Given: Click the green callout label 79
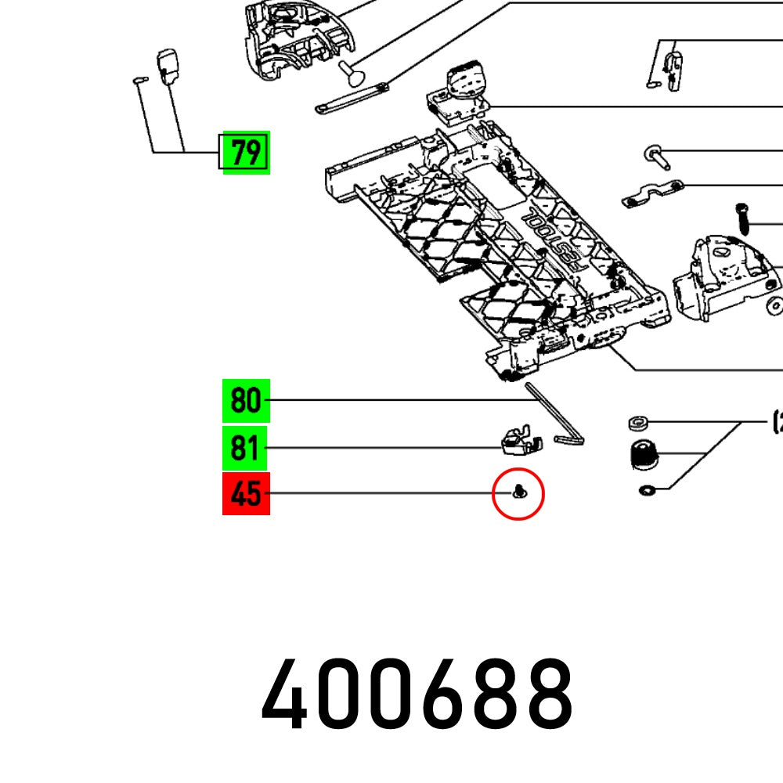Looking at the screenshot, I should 246,152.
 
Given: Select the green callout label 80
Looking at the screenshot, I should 246,401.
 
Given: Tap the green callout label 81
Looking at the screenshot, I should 246,449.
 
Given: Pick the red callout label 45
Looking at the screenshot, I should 246,494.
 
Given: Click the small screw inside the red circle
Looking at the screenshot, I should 518,493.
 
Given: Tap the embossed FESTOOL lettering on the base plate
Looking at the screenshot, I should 553,238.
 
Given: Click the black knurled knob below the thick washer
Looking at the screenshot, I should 643,454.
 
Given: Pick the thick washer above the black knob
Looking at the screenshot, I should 637,424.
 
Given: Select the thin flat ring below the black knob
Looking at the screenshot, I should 647,491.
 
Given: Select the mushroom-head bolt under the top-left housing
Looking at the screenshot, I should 352,74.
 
